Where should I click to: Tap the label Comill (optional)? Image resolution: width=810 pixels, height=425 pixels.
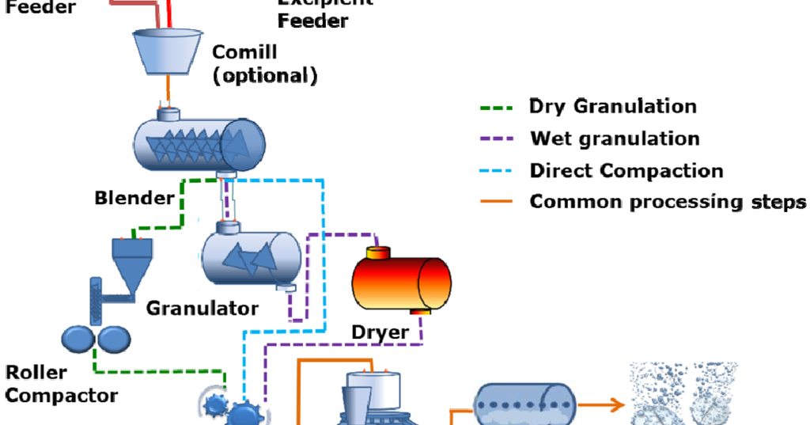click(x=264, y=64)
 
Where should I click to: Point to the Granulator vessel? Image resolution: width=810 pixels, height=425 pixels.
click(x=251, y=254)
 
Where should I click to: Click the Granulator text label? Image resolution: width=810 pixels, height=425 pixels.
click(x=202, y=308)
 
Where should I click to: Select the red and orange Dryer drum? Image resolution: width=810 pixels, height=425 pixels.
click(x=401, y=280)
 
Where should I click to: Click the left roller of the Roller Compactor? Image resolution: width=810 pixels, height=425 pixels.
click(x=77, y=338)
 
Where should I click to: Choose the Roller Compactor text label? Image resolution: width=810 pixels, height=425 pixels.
click(x=61, y=384)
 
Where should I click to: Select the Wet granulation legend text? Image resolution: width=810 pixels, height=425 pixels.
click(x=615, y=139)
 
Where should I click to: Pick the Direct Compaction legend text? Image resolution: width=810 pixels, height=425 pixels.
click(x=626, y=170)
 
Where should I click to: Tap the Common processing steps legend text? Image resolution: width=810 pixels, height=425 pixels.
click(x=668, y=201)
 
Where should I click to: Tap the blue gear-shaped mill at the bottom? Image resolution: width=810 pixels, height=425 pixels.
click(x=229, y=409)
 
